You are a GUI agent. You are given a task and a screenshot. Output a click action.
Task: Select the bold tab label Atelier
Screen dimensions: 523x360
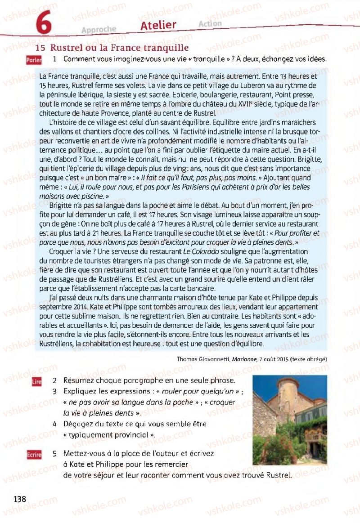tap(158, 26)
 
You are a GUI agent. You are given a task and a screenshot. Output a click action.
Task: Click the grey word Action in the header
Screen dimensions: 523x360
tap(209, 23)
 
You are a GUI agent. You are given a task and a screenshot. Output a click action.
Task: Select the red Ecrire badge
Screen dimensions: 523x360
tap(34, 455)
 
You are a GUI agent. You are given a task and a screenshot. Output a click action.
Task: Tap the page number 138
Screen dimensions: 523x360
tap(20, 499)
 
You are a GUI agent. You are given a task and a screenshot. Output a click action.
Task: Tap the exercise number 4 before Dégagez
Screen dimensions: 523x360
tap(54, 424)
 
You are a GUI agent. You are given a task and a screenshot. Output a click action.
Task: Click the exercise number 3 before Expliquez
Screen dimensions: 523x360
tap(54, 391)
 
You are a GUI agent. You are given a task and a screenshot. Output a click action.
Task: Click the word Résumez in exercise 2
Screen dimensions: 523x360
tap(80, 380)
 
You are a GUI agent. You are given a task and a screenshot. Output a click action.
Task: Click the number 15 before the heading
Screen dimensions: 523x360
tap(40, 48)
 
